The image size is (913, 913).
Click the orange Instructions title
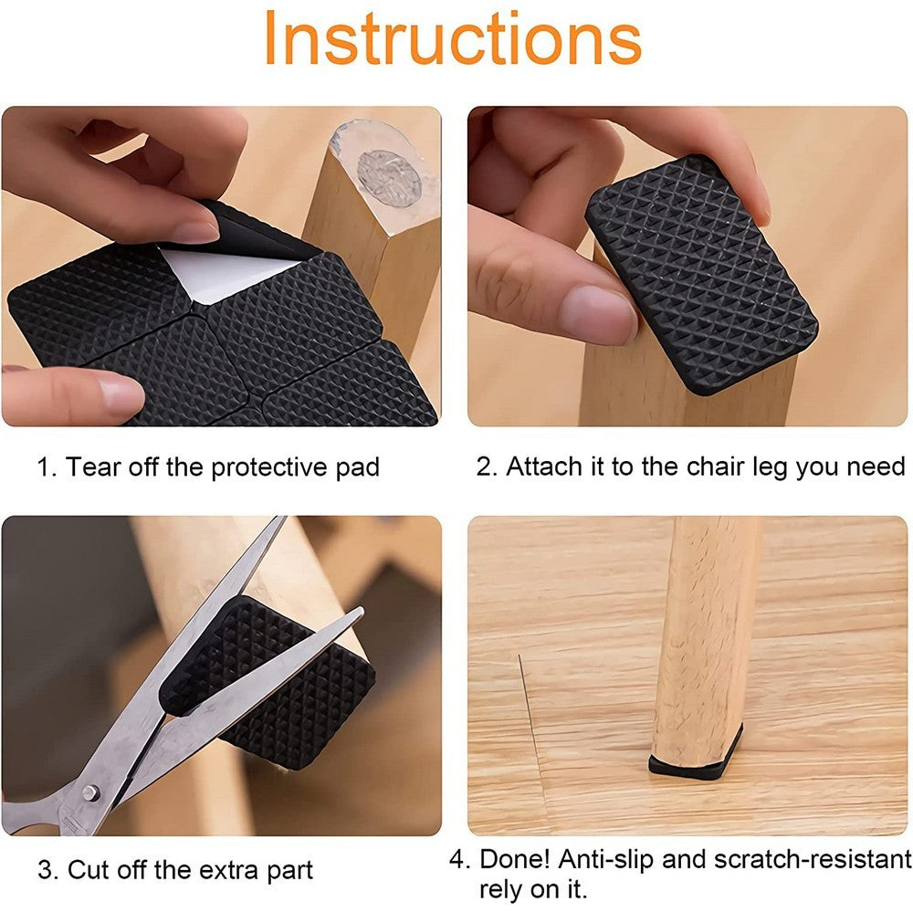(x=453, y=38)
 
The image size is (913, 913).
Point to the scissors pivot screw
(x=91, y=791)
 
